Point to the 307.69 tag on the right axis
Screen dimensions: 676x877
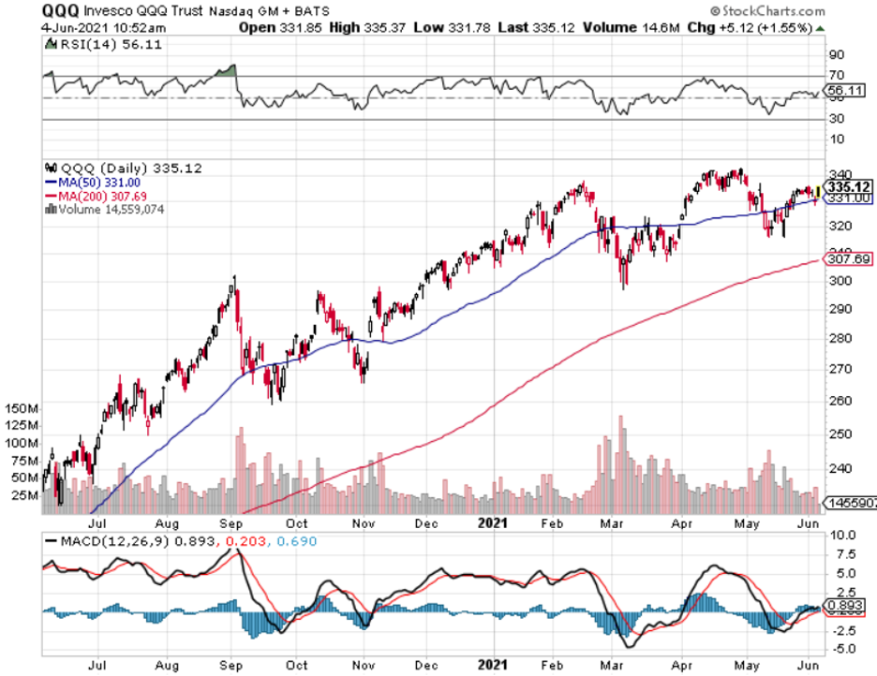click(846, 259)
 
